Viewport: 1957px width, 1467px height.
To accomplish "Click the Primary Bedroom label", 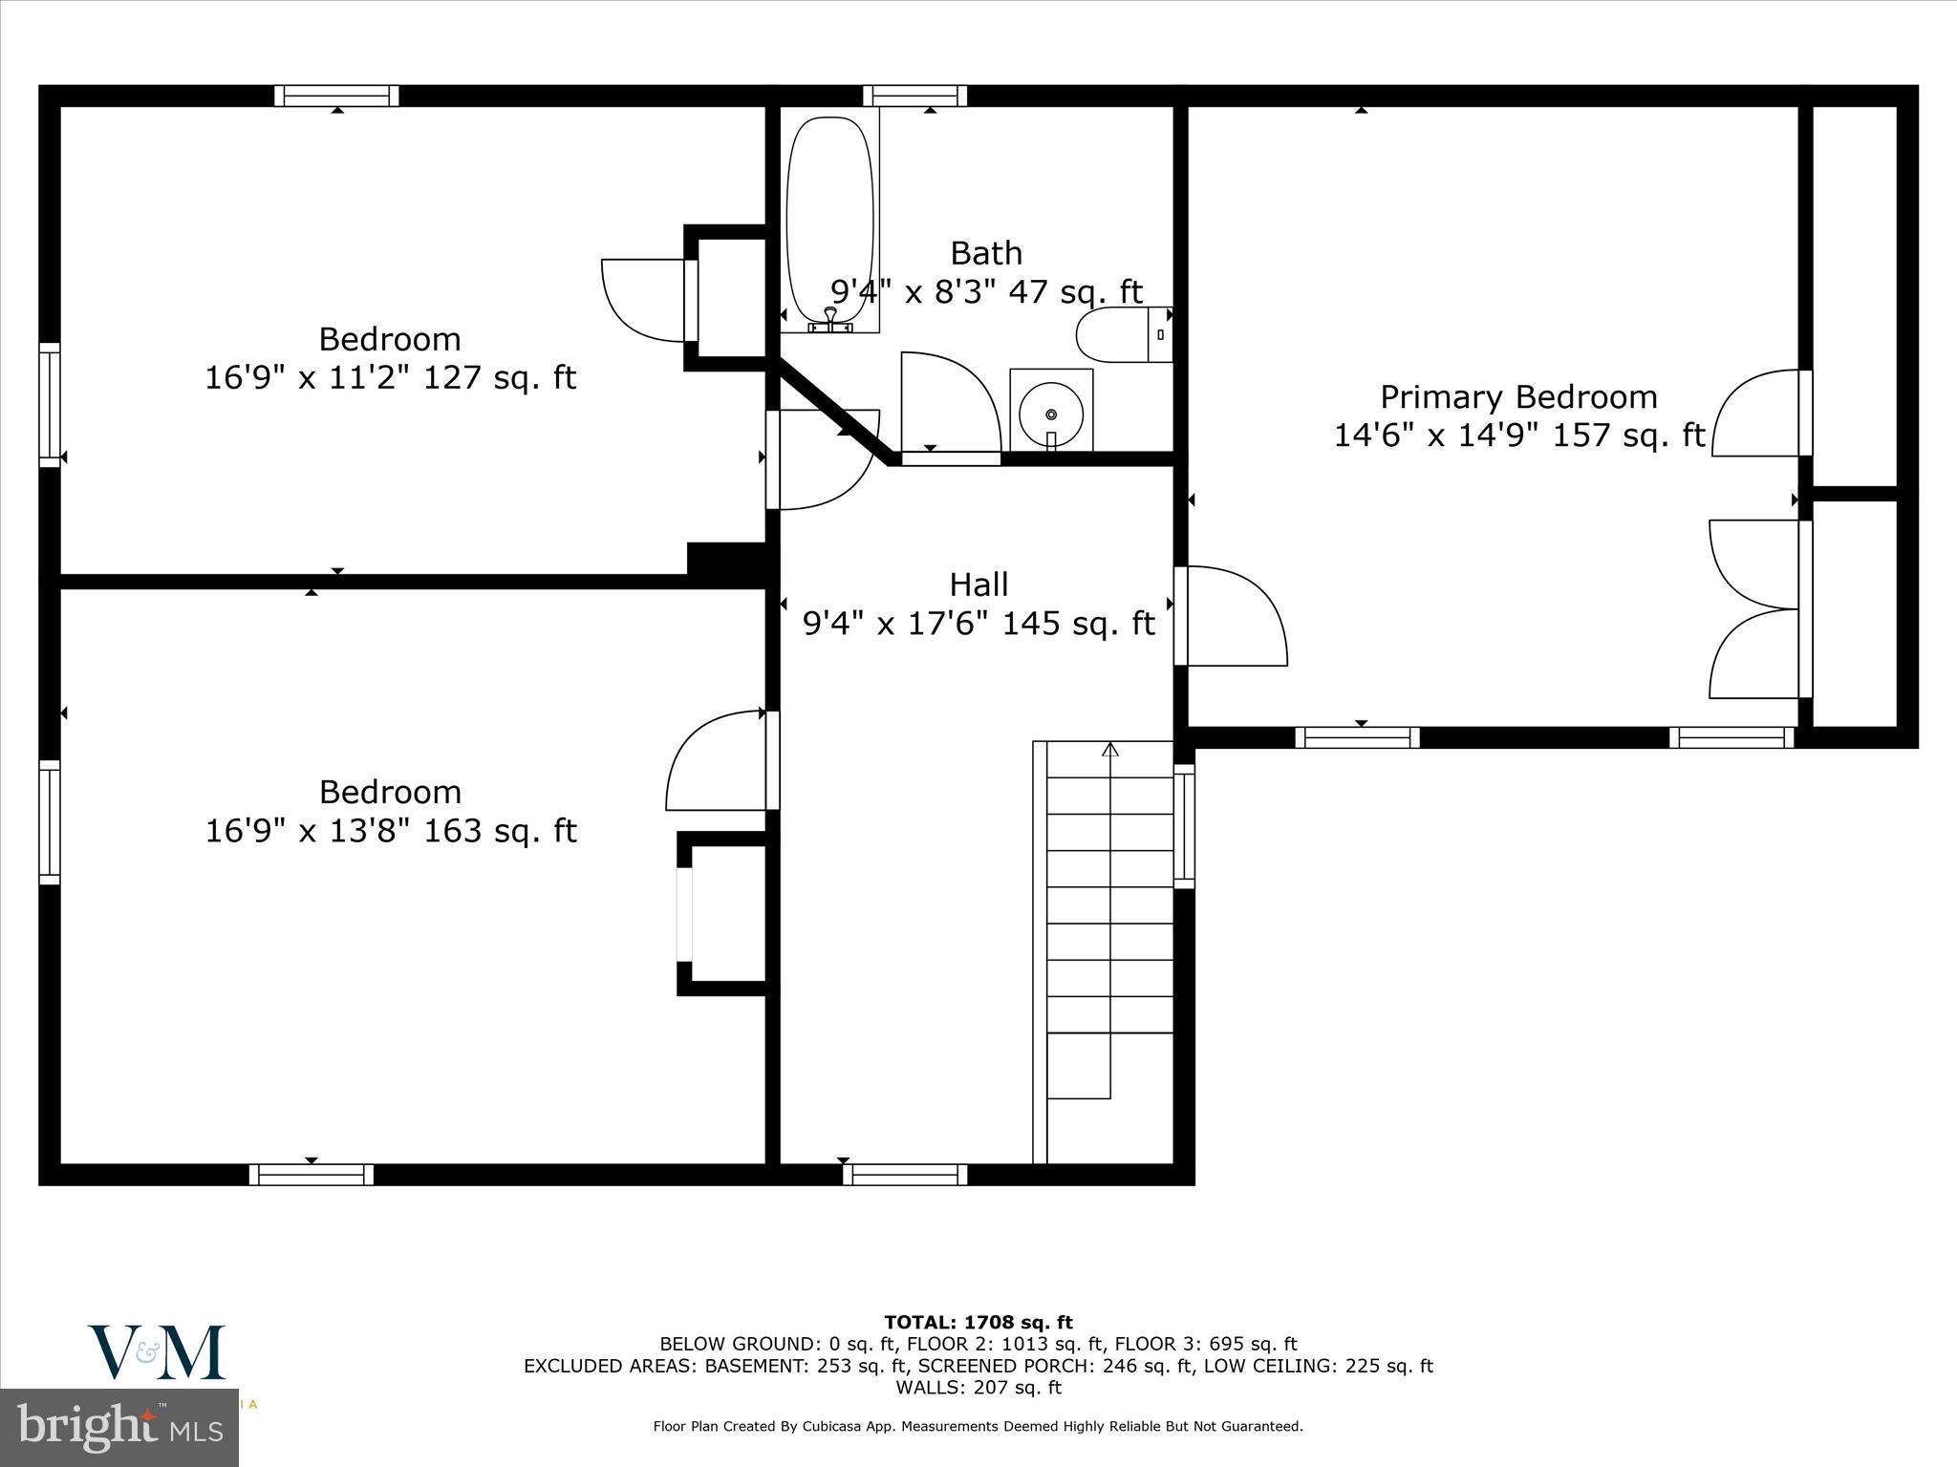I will pyautogui.click(x=1517, y=396).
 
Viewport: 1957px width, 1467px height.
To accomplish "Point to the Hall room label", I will pyautogui.click(x=978, y=584).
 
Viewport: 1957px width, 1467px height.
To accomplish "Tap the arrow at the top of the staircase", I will pyautogui.click(x=1109, y=751).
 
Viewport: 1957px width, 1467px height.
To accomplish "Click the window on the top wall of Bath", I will pyautogui.click(x=914, y=96).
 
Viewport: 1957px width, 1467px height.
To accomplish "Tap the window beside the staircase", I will pyautogui.click(x=1184, y=826).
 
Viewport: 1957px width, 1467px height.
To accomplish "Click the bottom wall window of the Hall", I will pyautogui.click(x=905, y=1174).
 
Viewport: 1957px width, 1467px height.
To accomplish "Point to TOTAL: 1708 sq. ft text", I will pyautogui.click(x=978, y=1322).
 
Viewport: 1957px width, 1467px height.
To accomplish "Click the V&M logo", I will pyautogui.click(x=158, y=1352).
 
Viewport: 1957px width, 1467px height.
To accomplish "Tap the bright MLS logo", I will pyautogui.click(x=119, y=1427).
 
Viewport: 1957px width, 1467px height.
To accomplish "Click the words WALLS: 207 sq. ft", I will pyautogui.click(x=978, y=1387).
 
